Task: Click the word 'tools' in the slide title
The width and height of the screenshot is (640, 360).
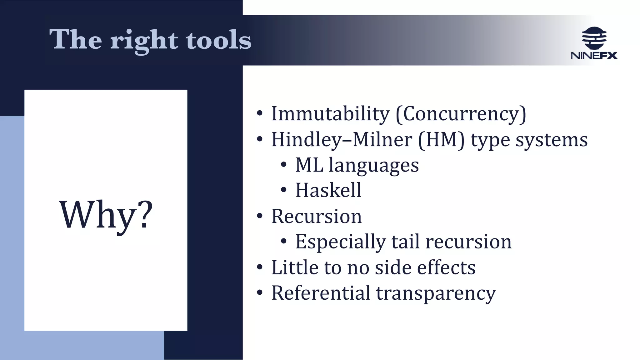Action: pos(218,40)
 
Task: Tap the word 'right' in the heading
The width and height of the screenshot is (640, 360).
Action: pos(144,41)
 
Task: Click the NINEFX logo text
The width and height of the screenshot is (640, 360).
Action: pos(594,56)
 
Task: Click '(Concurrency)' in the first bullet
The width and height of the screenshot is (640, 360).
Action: pos(461,114)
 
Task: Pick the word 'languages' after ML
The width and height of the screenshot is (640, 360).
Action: pos(373,165)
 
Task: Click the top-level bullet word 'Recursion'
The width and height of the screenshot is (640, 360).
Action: pos(317,216)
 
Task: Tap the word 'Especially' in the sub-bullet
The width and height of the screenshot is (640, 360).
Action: pos(340,242)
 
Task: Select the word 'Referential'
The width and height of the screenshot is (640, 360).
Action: pos(321,293)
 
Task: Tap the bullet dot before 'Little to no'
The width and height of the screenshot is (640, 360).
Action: pos(260,267)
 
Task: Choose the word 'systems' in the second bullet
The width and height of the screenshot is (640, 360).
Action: pos(551,140)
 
